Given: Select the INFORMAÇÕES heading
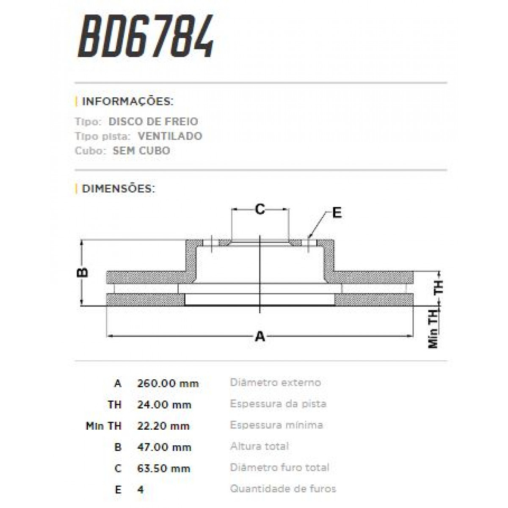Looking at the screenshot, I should pyautogui.click(x=127, y=102).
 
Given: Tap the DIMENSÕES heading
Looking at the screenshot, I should pyautogui.click(x=118, y=188).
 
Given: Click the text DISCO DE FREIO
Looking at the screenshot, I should pyautogui.click(x=153, y=121).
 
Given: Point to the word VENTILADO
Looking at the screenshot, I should pyautogui.click(x=170, y=136).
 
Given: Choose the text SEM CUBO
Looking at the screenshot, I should pyautogui.click(x=141, y=151).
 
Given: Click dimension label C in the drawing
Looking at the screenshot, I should pyautogui.click(x=260, y=209).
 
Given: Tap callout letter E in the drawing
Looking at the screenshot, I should pyautogui.click(x=337, y=213).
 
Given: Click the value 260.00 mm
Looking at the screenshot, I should pyautogui.click(x=168, y=384).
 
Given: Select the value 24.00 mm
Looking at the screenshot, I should pyautogui.click(x=164, y=405).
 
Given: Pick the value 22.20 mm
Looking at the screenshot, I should pyautogui.click(x=163, y=426).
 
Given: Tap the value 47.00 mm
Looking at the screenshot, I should pyautogui.click(x=164, y=447).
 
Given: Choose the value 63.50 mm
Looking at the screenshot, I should pyautogui.click(x=164, y=469).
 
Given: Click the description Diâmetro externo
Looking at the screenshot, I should pyautogui.click(x=275, y=383).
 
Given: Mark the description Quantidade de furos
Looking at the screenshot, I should pyautogui.click(x=283, y=489).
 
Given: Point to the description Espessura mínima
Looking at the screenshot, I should pyautogui.click(x=276, y=425).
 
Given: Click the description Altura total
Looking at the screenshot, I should pyautogui.click(x=260, y=446).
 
